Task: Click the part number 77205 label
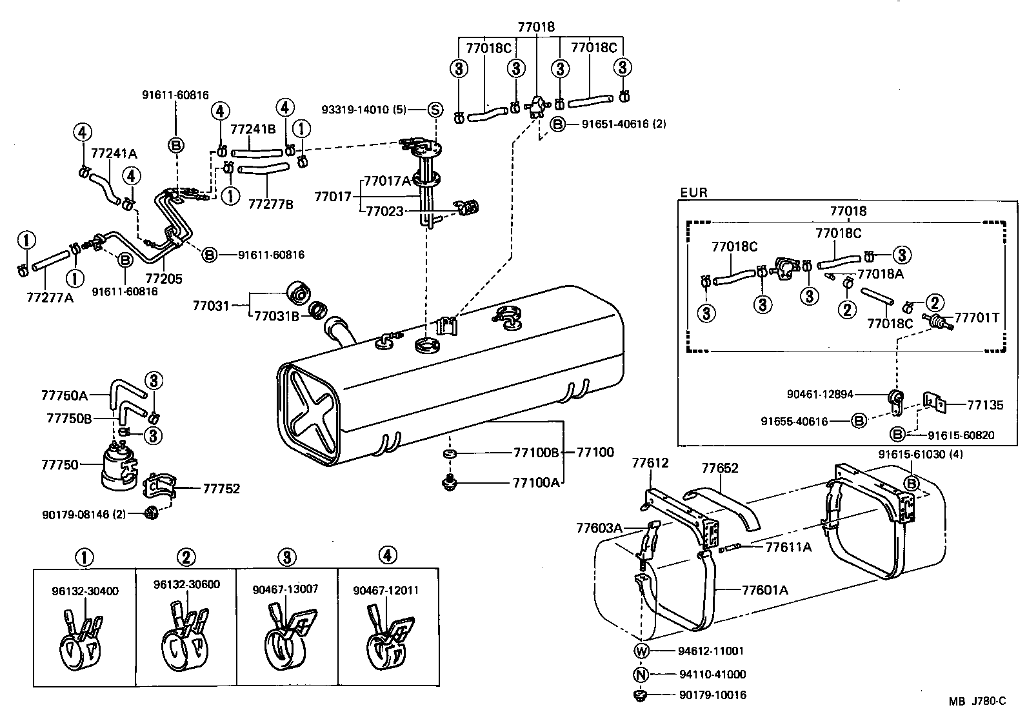point(164,279)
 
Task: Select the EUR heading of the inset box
point(693,192)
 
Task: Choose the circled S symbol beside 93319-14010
point(435,110)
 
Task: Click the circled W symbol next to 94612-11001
point(641,651)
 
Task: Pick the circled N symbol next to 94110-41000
point(641,675)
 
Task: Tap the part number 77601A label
point(764,589)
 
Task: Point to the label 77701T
point(976,317)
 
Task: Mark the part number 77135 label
point(985,405)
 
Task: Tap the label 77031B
point(276,315)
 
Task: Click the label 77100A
point(535,482)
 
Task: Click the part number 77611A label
point(788,548)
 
